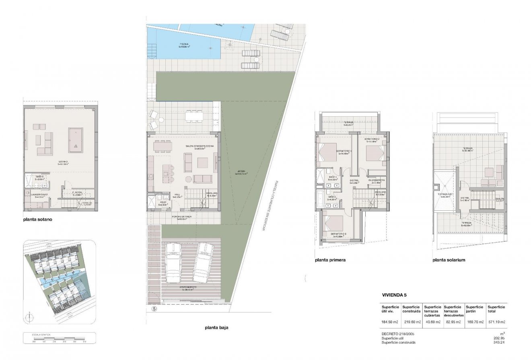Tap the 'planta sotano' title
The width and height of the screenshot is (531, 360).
(38, 220)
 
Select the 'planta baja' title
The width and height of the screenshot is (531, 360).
(216, 327)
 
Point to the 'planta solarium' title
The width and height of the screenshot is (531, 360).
(449, 260)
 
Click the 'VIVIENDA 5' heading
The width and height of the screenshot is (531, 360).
(394, 295)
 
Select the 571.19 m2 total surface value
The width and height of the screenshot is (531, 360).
(496, 322)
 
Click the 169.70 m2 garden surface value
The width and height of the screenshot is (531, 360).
(475, 322)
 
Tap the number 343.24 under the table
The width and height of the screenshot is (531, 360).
(498, 342)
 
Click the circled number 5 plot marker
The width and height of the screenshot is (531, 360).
(154, 309)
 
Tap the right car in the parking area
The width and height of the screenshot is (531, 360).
(202, 262)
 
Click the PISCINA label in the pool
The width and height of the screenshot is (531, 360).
(184, 45)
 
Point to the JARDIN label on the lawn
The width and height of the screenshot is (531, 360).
(241, 173)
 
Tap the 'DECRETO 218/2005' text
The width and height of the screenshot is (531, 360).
(398, 334)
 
